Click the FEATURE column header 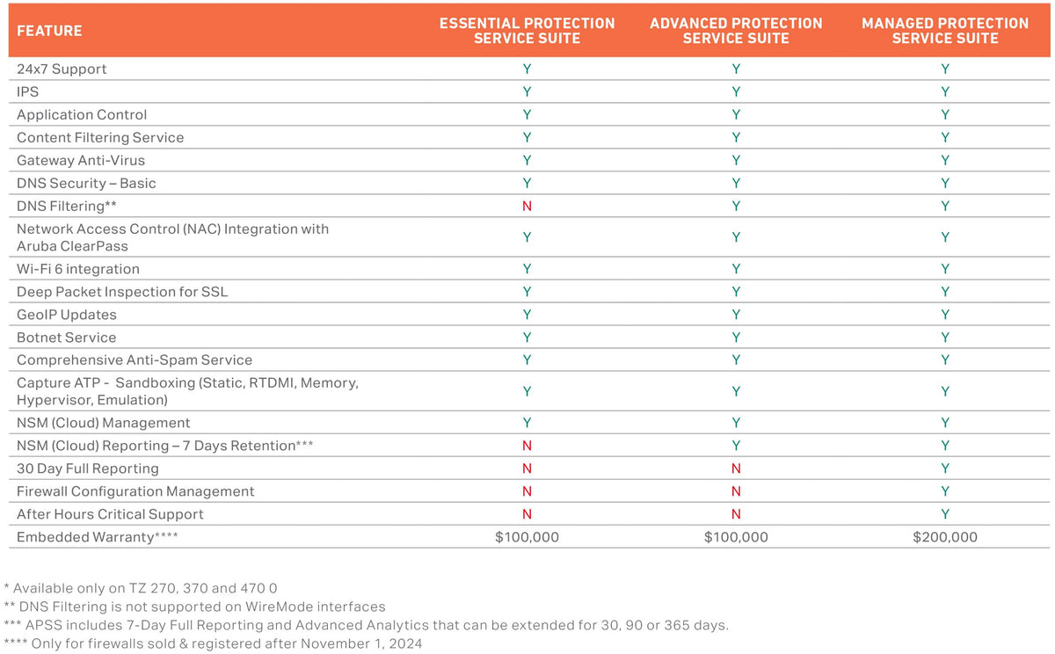point(49,31)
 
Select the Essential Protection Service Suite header point(527,31)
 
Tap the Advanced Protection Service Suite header point(736,31)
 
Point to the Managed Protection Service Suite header point(945,31)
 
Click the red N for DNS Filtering point(527,206)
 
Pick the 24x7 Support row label point(62,69)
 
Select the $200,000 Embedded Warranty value point(945,537)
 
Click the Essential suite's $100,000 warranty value point(527,537)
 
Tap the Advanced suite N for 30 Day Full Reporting point(736,468)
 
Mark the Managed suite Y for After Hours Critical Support point(945,513)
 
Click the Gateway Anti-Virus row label point(81,160)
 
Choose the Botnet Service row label point(67,338)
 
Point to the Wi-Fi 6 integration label point(78,269)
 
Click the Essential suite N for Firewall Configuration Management point(527,491)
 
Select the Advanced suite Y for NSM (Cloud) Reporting point(736,446)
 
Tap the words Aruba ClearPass point(72,246)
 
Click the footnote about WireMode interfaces point(194,607)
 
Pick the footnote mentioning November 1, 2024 point(213,643)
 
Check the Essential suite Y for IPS point(527,91)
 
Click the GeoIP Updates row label point(67,315)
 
